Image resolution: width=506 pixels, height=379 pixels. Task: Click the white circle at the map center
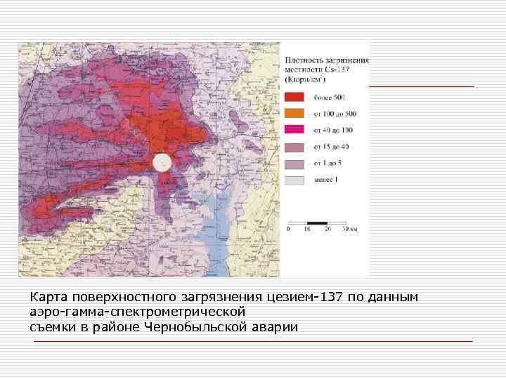click(x=162, y=163)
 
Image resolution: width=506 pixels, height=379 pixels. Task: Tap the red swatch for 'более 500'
click(x=294, y=97)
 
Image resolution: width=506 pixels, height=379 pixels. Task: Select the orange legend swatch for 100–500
click(x=294, y=113)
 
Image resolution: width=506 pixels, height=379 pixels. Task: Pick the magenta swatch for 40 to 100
click(x=294, y=129)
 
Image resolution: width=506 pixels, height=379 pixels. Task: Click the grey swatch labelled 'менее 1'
click(x=294, y=180)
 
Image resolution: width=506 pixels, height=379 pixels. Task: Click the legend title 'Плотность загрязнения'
click(x=327, y=61)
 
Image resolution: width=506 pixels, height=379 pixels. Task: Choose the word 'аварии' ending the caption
click(x=276, y=326)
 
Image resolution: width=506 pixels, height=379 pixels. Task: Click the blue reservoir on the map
click(x=225, y=232)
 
